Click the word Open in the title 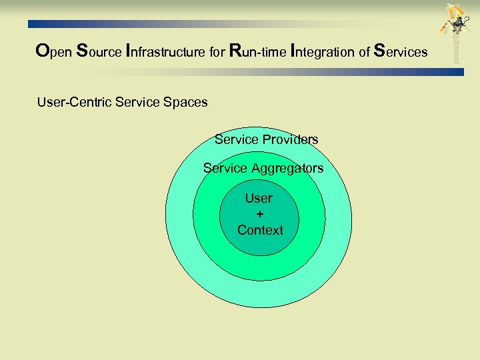click(x=53, y=51)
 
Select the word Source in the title click(x=98, y=51)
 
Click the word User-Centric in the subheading click(x=74, y=103)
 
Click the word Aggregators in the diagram click(x=287, y=169)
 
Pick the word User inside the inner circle click(x=259, y=198)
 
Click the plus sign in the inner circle click(x=259, y=214)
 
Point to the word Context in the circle click(x=260, y=230)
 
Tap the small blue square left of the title click(x=31, y=23)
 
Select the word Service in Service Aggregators click(x=225, y=169)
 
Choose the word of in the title click(x=364, y=51)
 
